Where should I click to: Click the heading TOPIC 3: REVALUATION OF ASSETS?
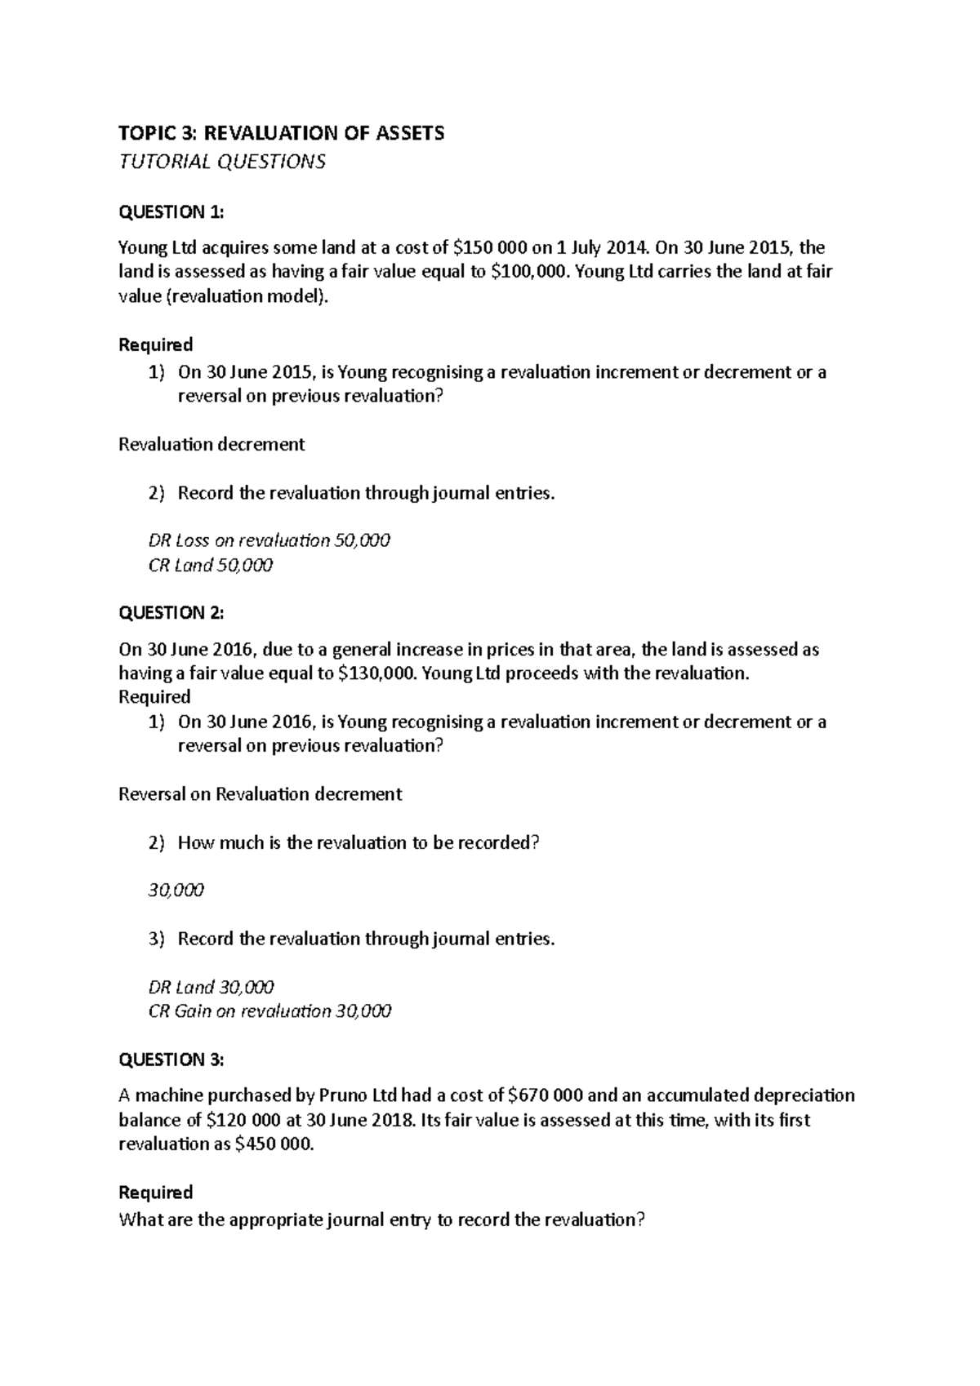282,133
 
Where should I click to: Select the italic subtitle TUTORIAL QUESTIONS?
222,162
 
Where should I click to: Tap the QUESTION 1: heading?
171,212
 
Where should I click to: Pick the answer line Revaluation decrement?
212,444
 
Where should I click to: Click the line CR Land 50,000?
210,565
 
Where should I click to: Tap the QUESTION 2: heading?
171,612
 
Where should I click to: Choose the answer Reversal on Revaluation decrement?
260,794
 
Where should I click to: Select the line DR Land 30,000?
211,987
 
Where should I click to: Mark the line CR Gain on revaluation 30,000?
269,1011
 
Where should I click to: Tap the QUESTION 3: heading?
171,1059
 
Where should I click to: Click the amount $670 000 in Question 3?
545,1095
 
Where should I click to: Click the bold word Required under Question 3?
155,1192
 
